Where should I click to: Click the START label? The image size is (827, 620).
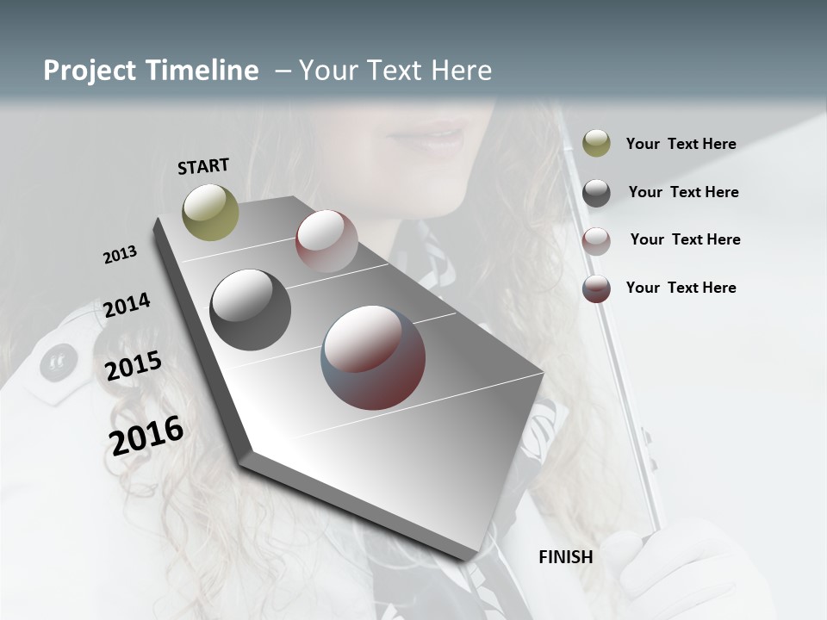(x=203, y=166)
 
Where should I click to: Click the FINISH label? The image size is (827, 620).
(x=565, y=557)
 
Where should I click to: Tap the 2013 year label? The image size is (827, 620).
(x=120, y=254)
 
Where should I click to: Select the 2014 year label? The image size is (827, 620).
(x=127, y=305)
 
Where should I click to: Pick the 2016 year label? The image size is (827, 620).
(x=146, y=436)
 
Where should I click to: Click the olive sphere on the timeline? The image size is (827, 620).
(x=210, y=212)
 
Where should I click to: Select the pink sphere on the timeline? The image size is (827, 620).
(x=326, y=241)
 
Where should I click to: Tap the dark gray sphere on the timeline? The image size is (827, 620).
(x=250, y=310)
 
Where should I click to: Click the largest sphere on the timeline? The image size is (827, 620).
(x=373, y=357)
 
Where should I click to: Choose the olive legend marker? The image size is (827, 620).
(x=596, y=143)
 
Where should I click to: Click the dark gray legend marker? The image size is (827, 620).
(x=596, y=193)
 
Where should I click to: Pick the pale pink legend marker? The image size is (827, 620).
(x=596, y=240)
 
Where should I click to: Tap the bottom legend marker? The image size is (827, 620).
(x=596, y=288)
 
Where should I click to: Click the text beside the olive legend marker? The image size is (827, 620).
(x=681, y=144)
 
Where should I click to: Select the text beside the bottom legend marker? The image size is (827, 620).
(x=681, y=288)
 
